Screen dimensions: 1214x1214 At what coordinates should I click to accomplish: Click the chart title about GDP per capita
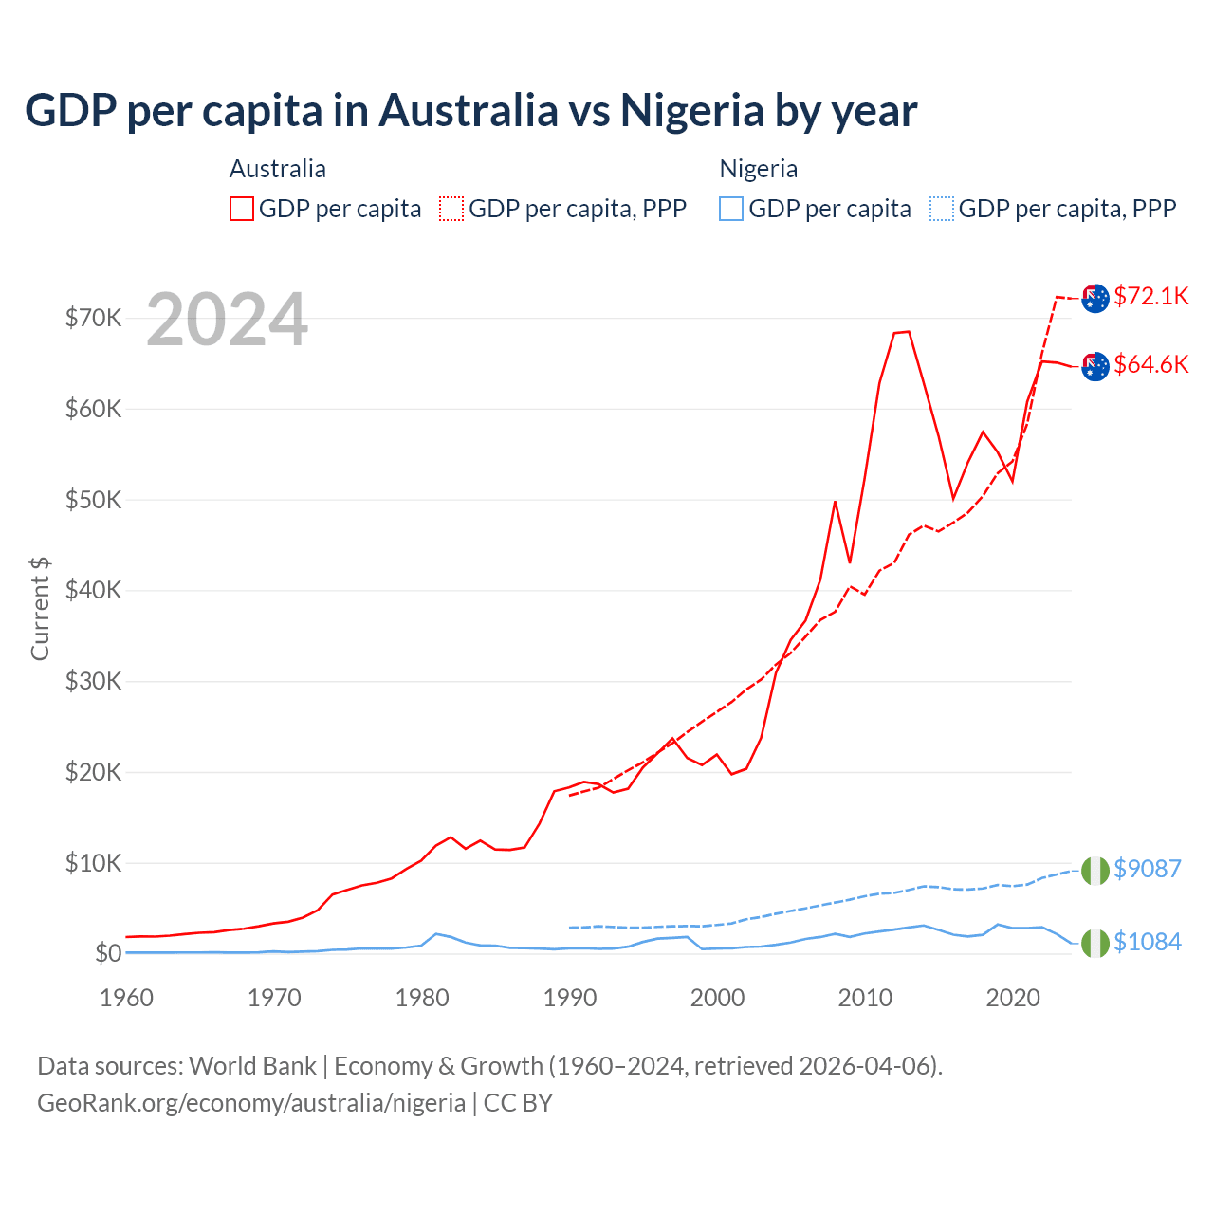(470, 111)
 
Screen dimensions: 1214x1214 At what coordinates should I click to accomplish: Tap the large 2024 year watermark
(227, 320)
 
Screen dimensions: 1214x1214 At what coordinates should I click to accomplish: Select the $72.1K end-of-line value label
(1150, 296)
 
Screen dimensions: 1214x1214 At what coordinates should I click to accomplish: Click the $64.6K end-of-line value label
(1150, 364)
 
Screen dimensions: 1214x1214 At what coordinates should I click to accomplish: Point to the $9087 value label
(1147, 869)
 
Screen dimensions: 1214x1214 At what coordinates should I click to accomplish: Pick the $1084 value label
(1147, 942)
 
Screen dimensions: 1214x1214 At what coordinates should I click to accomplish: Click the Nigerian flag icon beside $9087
(1094, 870)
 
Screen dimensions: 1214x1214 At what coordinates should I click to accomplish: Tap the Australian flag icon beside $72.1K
(1094, 298)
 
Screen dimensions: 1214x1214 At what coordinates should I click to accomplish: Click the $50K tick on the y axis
(94, 500)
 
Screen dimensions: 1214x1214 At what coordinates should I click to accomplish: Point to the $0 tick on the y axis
(108, 953)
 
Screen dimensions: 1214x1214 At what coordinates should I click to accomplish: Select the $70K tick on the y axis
(94, 318)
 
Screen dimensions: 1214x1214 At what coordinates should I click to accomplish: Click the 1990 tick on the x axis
(570, 998)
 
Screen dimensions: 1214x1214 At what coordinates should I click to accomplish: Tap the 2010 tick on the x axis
(865, 998)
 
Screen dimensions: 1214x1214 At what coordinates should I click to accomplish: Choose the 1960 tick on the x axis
(127, 998)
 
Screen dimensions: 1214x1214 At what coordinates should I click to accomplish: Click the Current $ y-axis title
(40, 608)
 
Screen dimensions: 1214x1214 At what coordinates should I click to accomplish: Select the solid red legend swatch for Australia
(242, 209)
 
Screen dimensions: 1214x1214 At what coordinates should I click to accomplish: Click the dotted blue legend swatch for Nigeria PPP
(942, 209)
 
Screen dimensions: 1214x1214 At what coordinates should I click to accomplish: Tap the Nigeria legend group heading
(758, 169)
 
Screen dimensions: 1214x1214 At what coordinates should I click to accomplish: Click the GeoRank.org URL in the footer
(251, 1103)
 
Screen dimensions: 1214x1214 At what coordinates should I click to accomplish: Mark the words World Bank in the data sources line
(252, 1066)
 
